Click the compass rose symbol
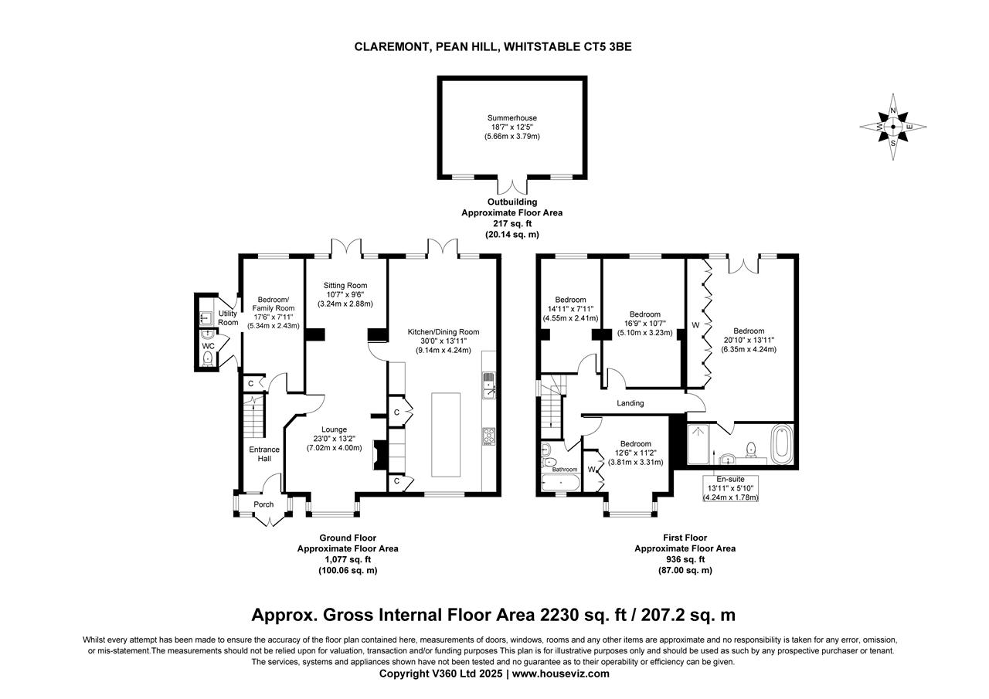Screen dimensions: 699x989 coord(893,127)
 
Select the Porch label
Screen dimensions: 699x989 coord(263,504)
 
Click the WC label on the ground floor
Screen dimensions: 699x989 coord(208,347)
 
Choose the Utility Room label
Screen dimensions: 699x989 coord(228,317)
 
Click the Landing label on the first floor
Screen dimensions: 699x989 coord(630,403)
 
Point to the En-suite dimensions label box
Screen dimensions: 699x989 coord(730,489)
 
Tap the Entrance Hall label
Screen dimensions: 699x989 coord(264,454)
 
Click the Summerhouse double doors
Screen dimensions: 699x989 coord(511,186)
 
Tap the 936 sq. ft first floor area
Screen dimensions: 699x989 coord(685,560)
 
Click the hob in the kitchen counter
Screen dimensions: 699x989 coord(489,436)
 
